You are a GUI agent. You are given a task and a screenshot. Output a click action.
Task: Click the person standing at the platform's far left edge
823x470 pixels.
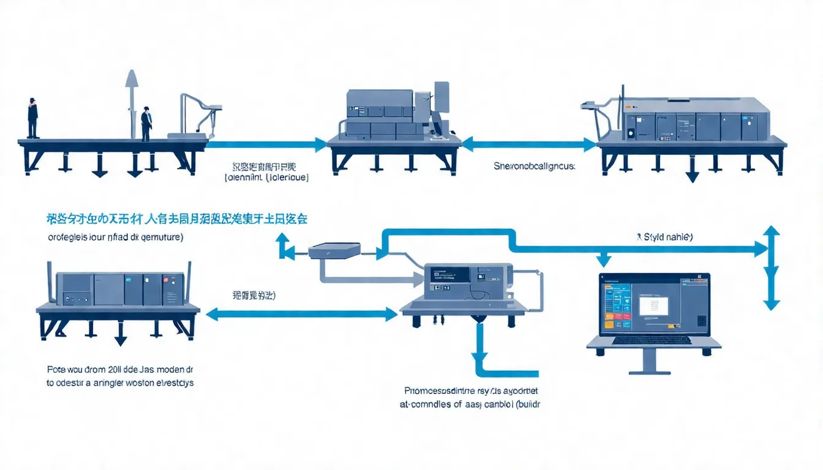pos(32,117)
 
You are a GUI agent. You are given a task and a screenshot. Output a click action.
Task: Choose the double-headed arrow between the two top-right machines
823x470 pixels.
pos(528,145)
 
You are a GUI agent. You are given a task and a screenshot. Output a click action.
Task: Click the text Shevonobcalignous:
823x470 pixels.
pos(535,166)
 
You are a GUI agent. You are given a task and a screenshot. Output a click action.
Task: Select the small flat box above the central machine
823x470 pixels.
pos(334,250)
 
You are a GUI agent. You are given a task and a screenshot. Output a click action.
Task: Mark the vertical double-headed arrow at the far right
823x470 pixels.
pos(772,267)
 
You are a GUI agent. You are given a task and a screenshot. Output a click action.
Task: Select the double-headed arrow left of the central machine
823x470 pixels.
pos(301,315)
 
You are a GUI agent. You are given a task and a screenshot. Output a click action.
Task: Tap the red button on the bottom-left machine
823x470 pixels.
pos(165,280)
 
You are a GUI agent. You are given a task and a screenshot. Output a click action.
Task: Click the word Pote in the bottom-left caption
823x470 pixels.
pos(56,370)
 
